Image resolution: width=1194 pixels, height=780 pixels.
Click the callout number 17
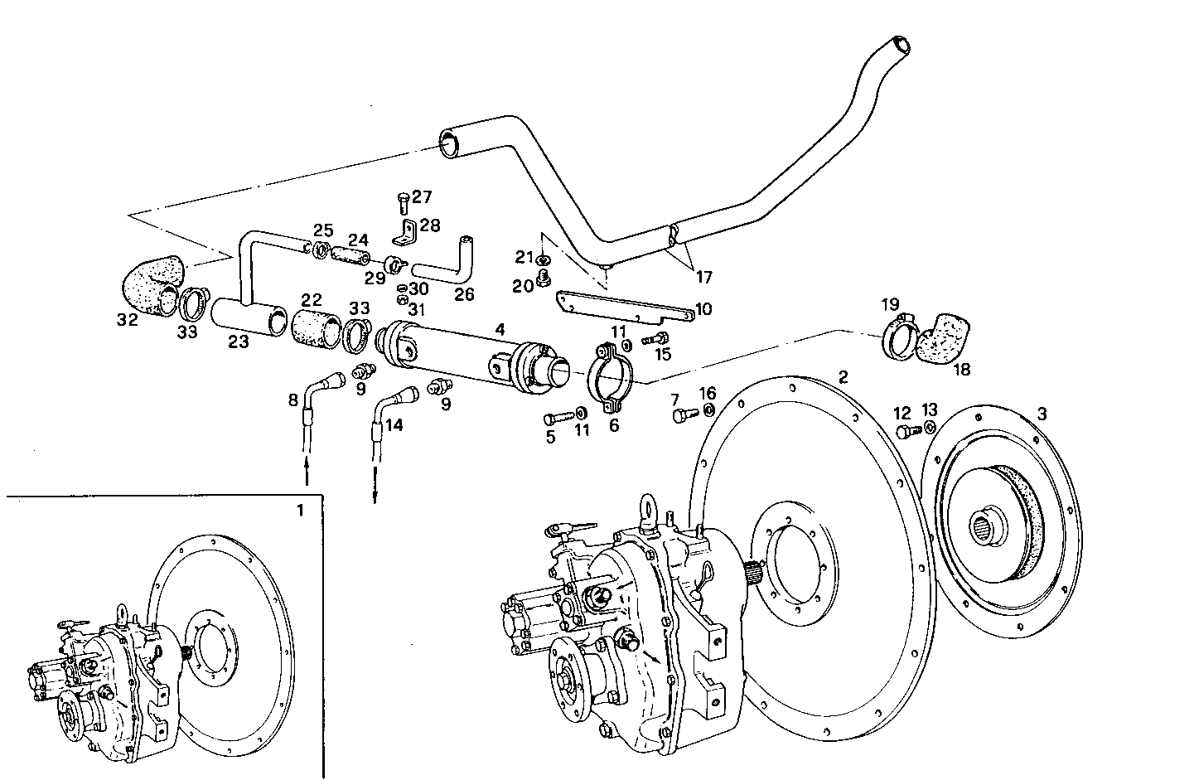click(703, 276)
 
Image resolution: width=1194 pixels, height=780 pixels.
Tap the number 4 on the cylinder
click(500, 330)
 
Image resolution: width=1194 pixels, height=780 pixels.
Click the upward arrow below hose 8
click(307, 473)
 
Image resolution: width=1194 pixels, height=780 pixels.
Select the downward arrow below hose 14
click(375, 489)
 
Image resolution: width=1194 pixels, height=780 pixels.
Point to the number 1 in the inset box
click(300, 510)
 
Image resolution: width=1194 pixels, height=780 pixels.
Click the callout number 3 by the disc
click(1042, 413)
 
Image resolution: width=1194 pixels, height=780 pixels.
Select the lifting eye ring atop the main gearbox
click(649, 508)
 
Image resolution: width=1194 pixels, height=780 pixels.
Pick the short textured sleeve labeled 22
click(315, 327)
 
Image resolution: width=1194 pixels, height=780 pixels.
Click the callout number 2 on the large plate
click(843, 376)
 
